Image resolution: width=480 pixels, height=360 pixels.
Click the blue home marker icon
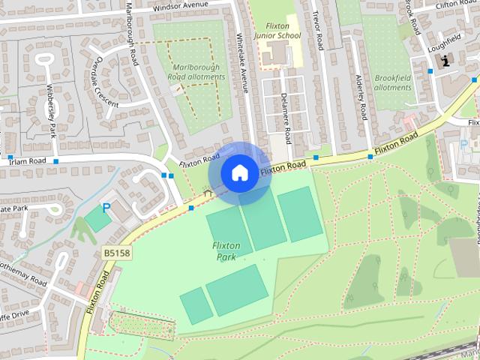click(x=239, y=172)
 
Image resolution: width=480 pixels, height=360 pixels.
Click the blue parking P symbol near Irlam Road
click(x=106, y=206)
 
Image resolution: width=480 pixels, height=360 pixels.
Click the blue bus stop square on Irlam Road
click(x=55, y=161)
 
